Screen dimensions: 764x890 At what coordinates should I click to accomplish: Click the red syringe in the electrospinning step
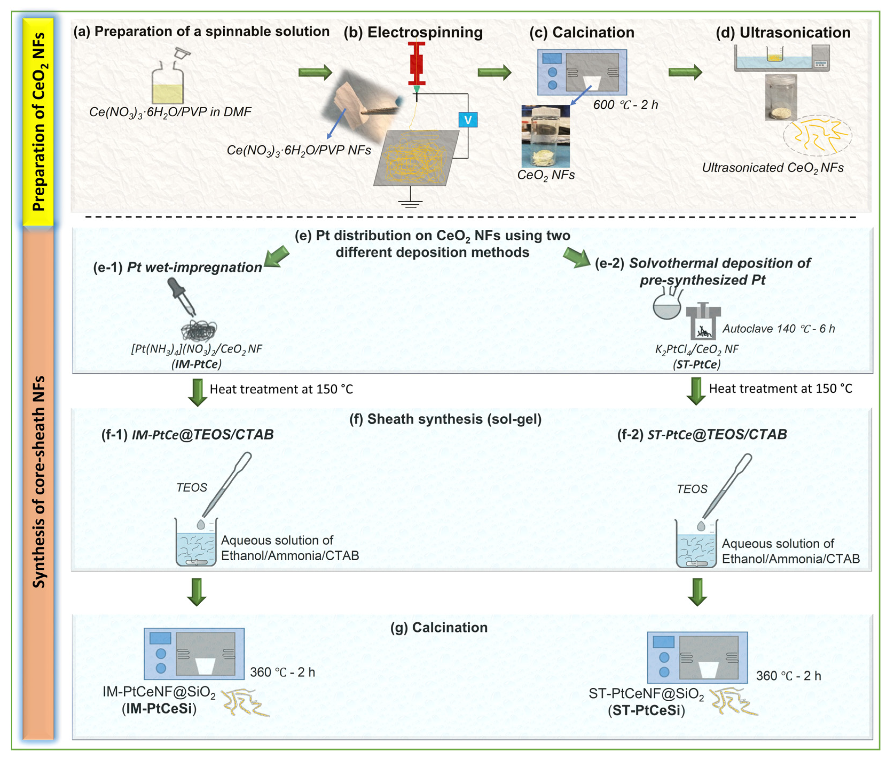[416, 63]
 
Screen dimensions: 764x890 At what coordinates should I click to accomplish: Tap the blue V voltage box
[468, 120]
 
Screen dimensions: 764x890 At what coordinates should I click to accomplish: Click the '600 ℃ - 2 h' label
[625, 105]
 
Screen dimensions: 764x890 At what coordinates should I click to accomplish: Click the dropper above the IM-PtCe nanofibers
[182, 297]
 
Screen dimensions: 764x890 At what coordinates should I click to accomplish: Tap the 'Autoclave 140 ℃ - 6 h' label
[778, 329]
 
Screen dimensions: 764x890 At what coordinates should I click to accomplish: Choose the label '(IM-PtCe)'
[196, 364]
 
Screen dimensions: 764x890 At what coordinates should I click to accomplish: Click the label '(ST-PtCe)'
[696, 364]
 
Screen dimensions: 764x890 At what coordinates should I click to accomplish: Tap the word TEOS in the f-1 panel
[192, 488]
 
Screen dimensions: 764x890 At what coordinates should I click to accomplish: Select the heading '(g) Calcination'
[439, 627]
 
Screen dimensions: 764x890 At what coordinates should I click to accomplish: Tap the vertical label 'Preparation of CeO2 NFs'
[39, 121]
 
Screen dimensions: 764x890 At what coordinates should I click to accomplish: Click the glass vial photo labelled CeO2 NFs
[545, 137]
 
